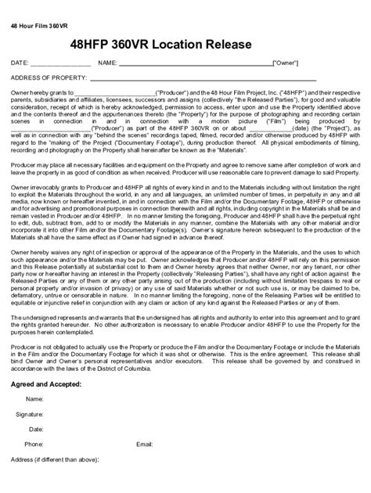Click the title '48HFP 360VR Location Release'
tap(171, 45)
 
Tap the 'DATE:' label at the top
tap(20, 62)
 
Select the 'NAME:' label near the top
tap(107, 62)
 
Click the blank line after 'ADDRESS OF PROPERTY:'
tap(204, 80)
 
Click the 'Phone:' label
tap(34, 444)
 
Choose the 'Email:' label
tap(144, 444)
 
